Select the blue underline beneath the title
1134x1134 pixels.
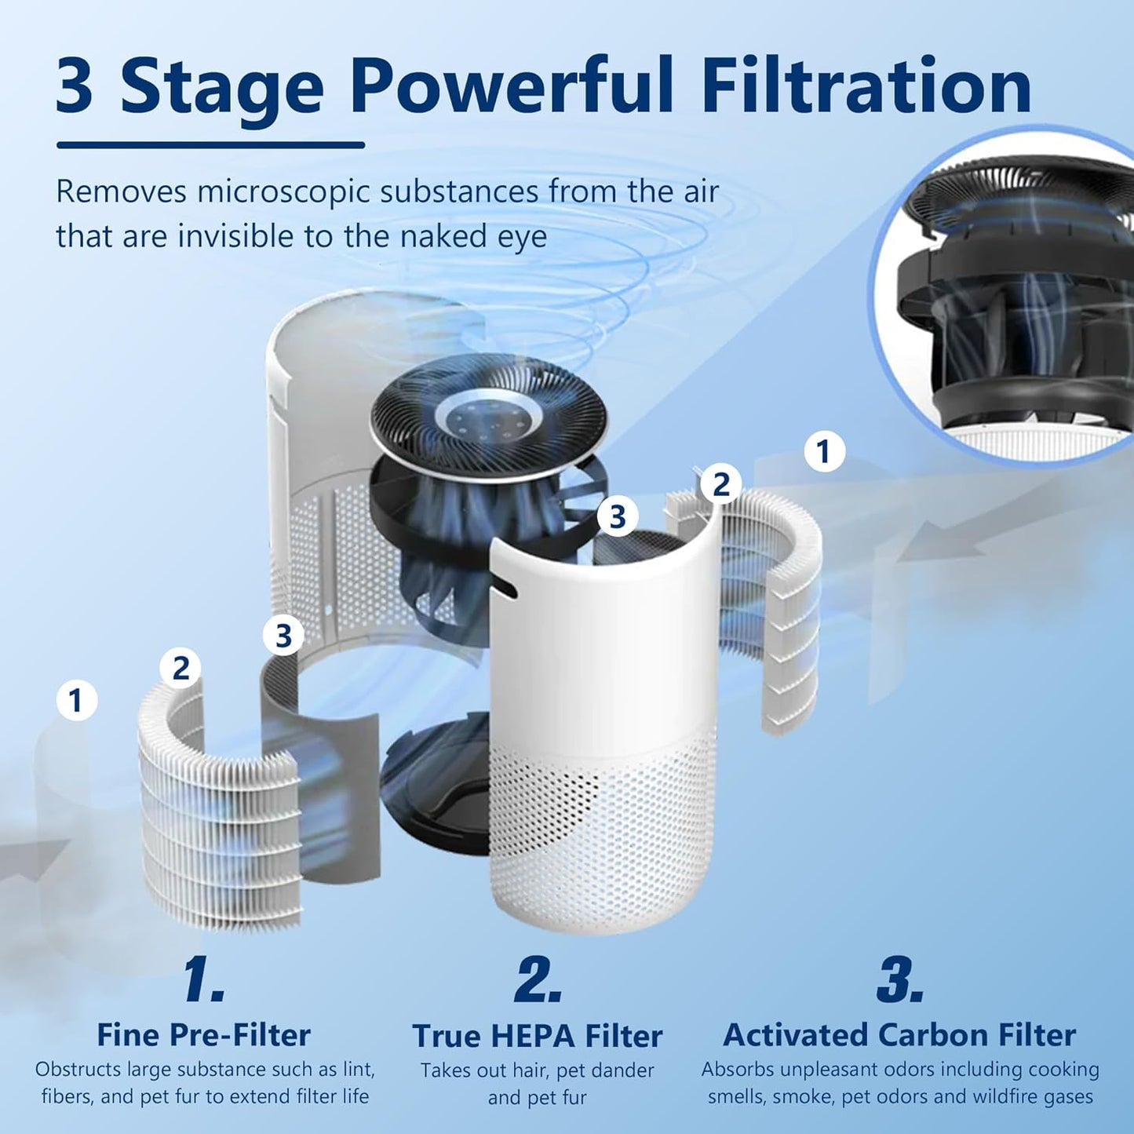point(210,144)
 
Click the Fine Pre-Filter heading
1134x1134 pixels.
point(203,1034)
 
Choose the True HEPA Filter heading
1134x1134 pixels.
point(538,1036)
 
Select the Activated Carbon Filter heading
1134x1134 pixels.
point(899,1034)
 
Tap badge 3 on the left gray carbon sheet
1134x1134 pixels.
point(283,635)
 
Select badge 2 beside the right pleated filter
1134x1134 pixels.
point(720,484)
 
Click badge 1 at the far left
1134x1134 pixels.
point(76,700)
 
